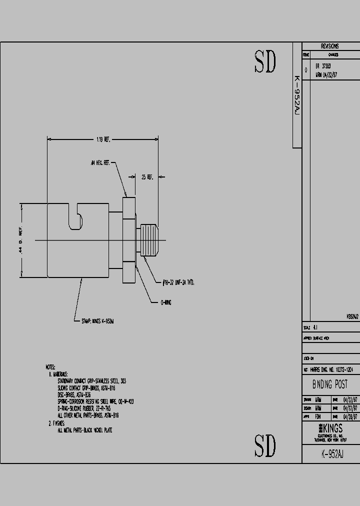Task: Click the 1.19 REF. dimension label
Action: (103, 140)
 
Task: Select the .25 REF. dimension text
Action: (147, 176)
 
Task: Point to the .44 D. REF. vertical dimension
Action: (21, 240)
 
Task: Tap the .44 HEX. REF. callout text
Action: (100, 163)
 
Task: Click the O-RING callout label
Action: (165, 302)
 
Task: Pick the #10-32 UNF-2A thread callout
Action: (178, 283)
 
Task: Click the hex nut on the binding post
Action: (129, 240)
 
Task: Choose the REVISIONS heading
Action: (329, 46)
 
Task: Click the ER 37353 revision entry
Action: (323, 66)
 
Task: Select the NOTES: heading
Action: (50, 367)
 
